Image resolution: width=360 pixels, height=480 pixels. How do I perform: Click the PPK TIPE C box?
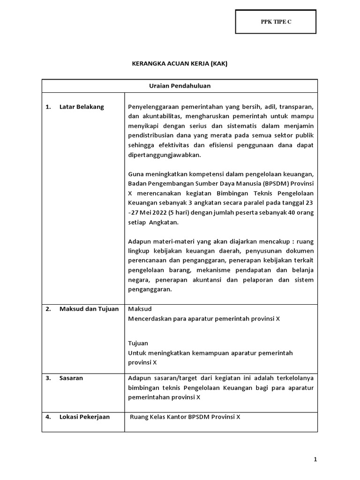pos(276,22)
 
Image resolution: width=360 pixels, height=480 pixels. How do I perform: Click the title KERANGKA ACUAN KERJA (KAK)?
pos(180,64)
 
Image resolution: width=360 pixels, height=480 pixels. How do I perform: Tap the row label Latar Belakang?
pos(82,106)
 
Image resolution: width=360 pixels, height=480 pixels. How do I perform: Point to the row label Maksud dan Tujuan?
pos(89,308)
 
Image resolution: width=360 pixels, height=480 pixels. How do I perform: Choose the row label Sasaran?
pos(71,378)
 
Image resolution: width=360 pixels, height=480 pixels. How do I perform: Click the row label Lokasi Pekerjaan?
pos(84,416)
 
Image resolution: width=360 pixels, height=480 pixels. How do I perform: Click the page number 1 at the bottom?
pos(316,460)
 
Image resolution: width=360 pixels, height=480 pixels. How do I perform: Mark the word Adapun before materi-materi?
pos(140,241)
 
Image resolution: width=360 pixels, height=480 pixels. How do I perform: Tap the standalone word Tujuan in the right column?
pos(138,343)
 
